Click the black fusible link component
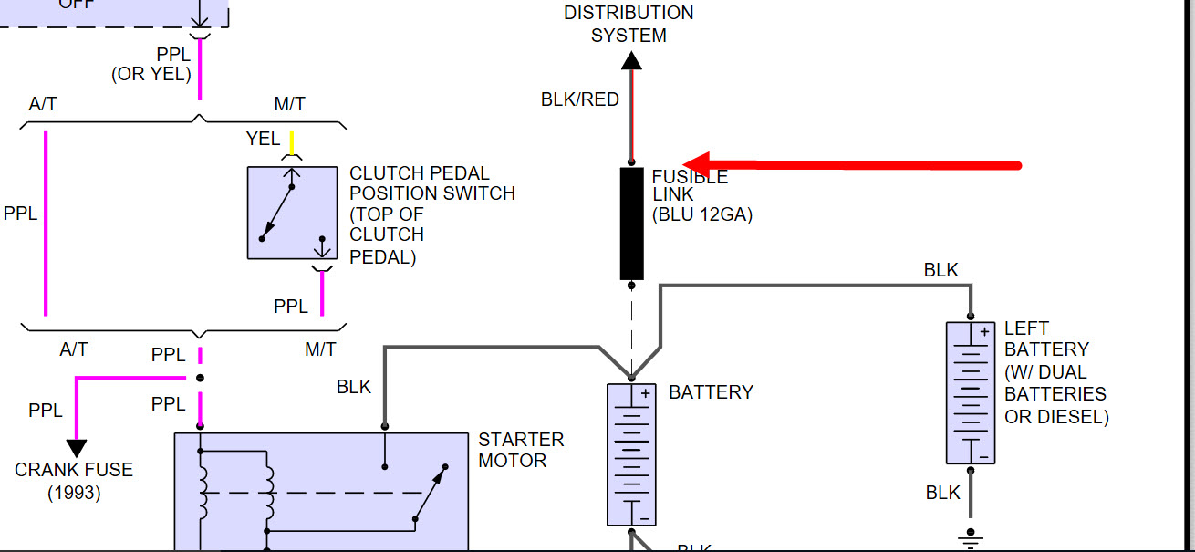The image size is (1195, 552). point(632,224)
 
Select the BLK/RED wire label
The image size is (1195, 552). point(579,99)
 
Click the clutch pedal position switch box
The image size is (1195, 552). point(292,213)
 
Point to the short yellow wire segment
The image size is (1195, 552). point(292,143)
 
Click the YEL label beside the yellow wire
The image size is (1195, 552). point(263,139)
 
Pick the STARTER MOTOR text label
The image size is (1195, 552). point(521,450)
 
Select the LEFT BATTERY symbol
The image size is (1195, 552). point(970,392)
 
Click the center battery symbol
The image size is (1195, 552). point(631,453)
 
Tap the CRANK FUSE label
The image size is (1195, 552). point(74,470)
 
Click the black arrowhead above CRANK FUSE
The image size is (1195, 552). point(77,448)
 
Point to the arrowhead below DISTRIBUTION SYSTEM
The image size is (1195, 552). point(630,60)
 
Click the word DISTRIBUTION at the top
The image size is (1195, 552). point(629,13)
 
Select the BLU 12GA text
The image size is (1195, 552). point(702,215)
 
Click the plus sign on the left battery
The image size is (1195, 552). point(984,332)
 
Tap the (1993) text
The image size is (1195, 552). point(74,493)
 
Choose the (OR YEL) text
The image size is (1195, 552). point(151,74)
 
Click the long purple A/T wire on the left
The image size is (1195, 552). point(45,224)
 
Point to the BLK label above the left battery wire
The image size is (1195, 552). point(940,270)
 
